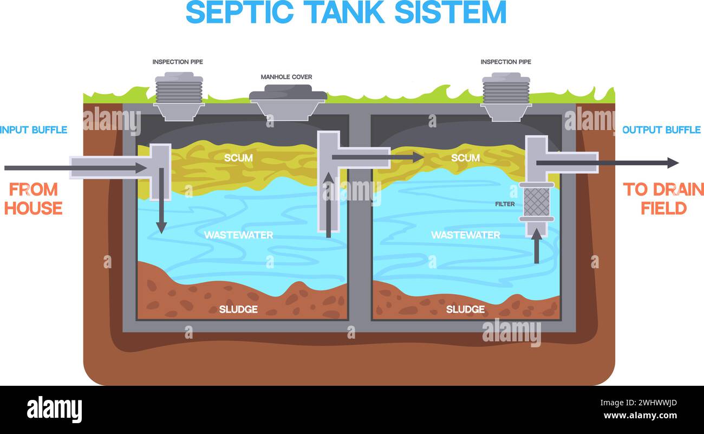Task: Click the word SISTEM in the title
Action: tap(451, 12)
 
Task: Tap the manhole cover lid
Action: tap(288, 93)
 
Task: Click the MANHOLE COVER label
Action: tap(286, 77)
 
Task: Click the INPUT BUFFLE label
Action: tap(34, 130)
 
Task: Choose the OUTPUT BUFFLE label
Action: tap(661, 130)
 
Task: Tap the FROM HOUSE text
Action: tap(34, 199)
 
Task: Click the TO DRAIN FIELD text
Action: tap(663, 199)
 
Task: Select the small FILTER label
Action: tap(504, 204)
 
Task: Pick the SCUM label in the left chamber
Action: tap(238, 158)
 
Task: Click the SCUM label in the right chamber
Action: tap(465, 158)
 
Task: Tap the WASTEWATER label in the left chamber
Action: tap(238, 235)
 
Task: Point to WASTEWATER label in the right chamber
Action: tap(465, 235)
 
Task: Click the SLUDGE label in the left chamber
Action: tap(238, 309)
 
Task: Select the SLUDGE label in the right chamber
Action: tap(465, 309)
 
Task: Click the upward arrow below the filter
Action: tap(537, 247)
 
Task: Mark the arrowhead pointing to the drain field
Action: tap(673, 163)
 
